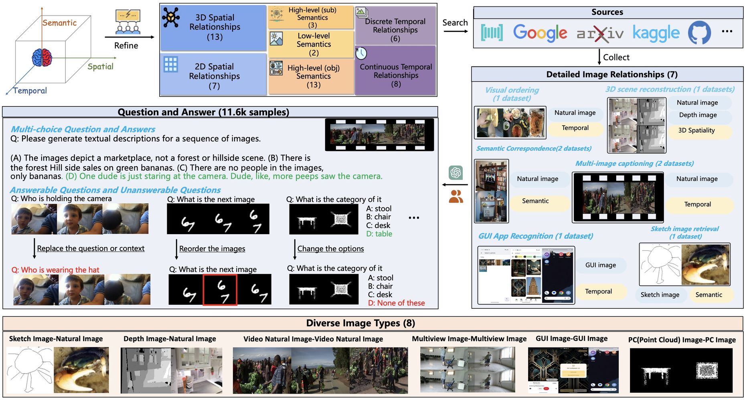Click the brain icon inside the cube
(x=42, y=58)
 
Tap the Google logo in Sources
(x=540, y=33)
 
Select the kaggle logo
(x=656, y=33)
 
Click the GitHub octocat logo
(x=699, y=33)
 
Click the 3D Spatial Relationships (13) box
(x=214, y=27)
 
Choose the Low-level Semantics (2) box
(x=312, y=44)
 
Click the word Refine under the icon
(x=126, y=46)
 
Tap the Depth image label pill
(x=698, y=115)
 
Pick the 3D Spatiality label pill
(x=696, y=131)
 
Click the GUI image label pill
(x=600, y=265)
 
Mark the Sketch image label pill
(x=660, y=295)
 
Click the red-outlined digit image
(x=220, y=290)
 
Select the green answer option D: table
(x=379, y=234)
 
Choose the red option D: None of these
(x=396, y=303)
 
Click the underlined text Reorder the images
(x=212, y=249)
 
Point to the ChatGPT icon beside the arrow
(x=455, y=173)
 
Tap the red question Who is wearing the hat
(x=55, y=270)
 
